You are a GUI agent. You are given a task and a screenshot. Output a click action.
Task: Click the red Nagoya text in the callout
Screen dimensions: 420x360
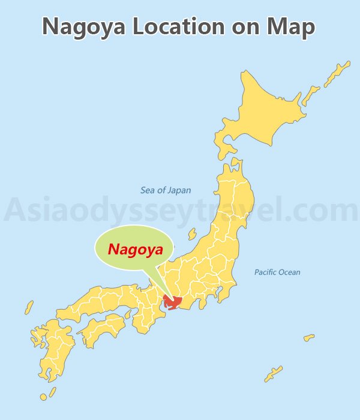click(x=135, y=249)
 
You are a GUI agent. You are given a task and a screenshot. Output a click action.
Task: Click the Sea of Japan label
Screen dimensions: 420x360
click(x=166, y=190)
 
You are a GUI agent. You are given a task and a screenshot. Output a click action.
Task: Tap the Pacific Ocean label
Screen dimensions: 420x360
click(x=277, y=272)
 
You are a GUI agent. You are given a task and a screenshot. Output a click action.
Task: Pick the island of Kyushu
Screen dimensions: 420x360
click(x=54, y=351)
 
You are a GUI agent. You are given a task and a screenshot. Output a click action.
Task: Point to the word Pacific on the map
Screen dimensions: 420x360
click(x=265, y=272)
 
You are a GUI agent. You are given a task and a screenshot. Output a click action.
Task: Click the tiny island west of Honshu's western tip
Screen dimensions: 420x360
click(x=29, y=308)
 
